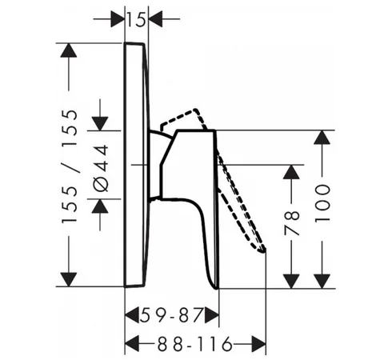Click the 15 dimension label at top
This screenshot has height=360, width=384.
click(136, 19)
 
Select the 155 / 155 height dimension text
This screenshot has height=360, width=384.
click(70, 166)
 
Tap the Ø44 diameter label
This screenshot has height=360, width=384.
click(102, 168)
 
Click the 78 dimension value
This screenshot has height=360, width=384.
click(292, 222)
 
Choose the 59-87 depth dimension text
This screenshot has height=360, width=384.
click(171, 315)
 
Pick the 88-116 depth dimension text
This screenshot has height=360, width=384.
click(194, 344)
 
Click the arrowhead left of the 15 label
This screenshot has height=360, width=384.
click(118, 19)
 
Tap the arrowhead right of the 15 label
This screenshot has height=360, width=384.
click(155, 19)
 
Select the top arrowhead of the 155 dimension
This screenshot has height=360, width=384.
click(69, 50)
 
